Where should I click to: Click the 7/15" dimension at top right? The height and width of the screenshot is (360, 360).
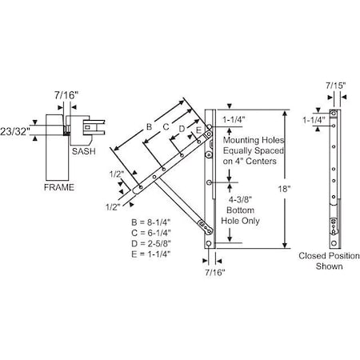coord(337,83)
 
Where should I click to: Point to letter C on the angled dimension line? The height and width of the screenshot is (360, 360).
coord(166,126)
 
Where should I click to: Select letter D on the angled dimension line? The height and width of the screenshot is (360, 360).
coord(182,128)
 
